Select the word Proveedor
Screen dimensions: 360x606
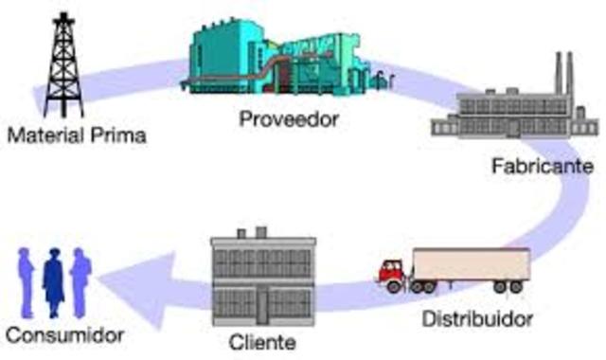tap(289, 120)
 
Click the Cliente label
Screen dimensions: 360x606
tap(256, 342)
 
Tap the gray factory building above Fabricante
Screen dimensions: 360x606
tap(511, 118)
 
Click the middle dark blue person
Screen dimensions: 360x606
tap(54, 279)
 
